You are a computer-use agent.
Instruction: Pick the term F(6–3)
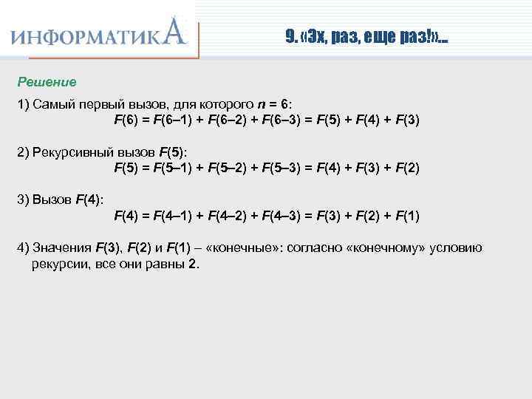tap(287, 120)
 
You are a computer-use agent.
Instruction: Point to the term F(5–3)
tap(287, 168)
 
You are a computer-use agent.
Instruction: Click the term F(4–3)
tap(287, 216)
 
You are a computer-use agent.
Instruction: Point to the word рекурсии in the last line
tap(58, 264)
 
